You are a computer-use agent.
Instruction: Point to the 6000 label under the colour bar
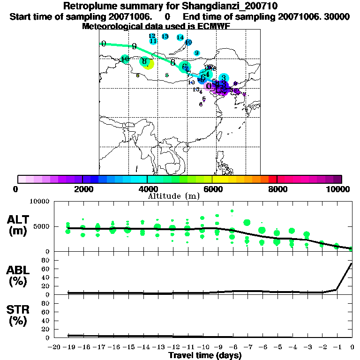click(x=212, y=189)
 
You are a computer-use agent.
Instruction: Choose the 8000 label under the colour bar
click(x=277, y=189)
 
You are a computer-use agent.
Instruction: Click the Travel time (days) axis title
click(x=205, y=355)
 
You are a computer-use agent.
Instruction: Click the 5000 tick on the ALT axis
click(x=41, y=226)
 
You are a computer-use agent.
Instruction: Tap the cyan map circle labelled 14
click(x=180, y=37)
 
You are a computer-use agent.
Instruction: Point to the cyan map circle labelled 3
click(x=224, y=78)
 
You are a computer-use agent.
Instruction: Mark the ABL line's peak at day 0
click(x=352, y=263)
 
